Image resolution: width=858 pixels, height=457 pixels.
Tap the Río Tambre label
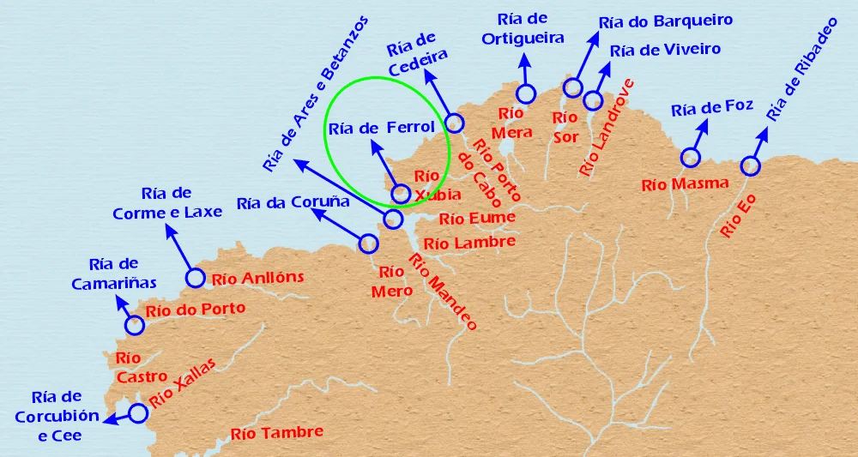(x=276, y=433)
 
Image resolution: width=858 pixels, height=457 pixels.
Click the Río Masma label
(x=685, y=183)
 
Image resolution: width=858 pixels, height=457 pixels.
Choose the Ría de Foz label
(x=712, y=108)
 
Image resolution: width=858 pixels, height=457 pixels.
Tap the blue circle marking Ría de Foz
(x=690, y=157)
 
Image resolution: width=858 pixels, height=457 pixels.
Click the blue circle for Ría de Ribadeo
(x=751, y=165)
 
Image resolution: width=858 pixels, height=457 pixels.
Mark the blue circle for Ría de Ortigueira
(x=525, y=93)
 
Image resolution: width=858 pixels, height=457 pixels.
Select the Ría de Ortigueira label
(x=523, y=29)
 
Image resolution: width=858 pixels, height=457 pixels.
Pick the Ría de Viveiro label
(x=665, y=50)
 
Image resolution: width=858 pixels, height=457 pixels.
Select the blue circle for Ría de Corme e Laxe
(x=195, y=278)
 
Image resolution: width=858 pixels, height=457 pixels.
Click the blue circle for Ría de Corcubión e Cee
(x=138, y=414)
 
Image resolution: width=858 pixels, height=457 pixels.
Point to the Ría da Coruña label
(x=293, y=203)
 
